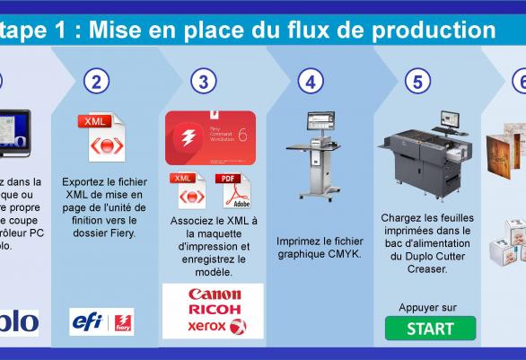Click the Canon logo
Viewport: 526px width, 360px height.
point(214,294)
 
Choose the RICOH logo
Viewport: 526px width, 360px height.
point(214,310)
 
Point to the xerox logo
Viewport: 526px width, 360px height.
point(214,326)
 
